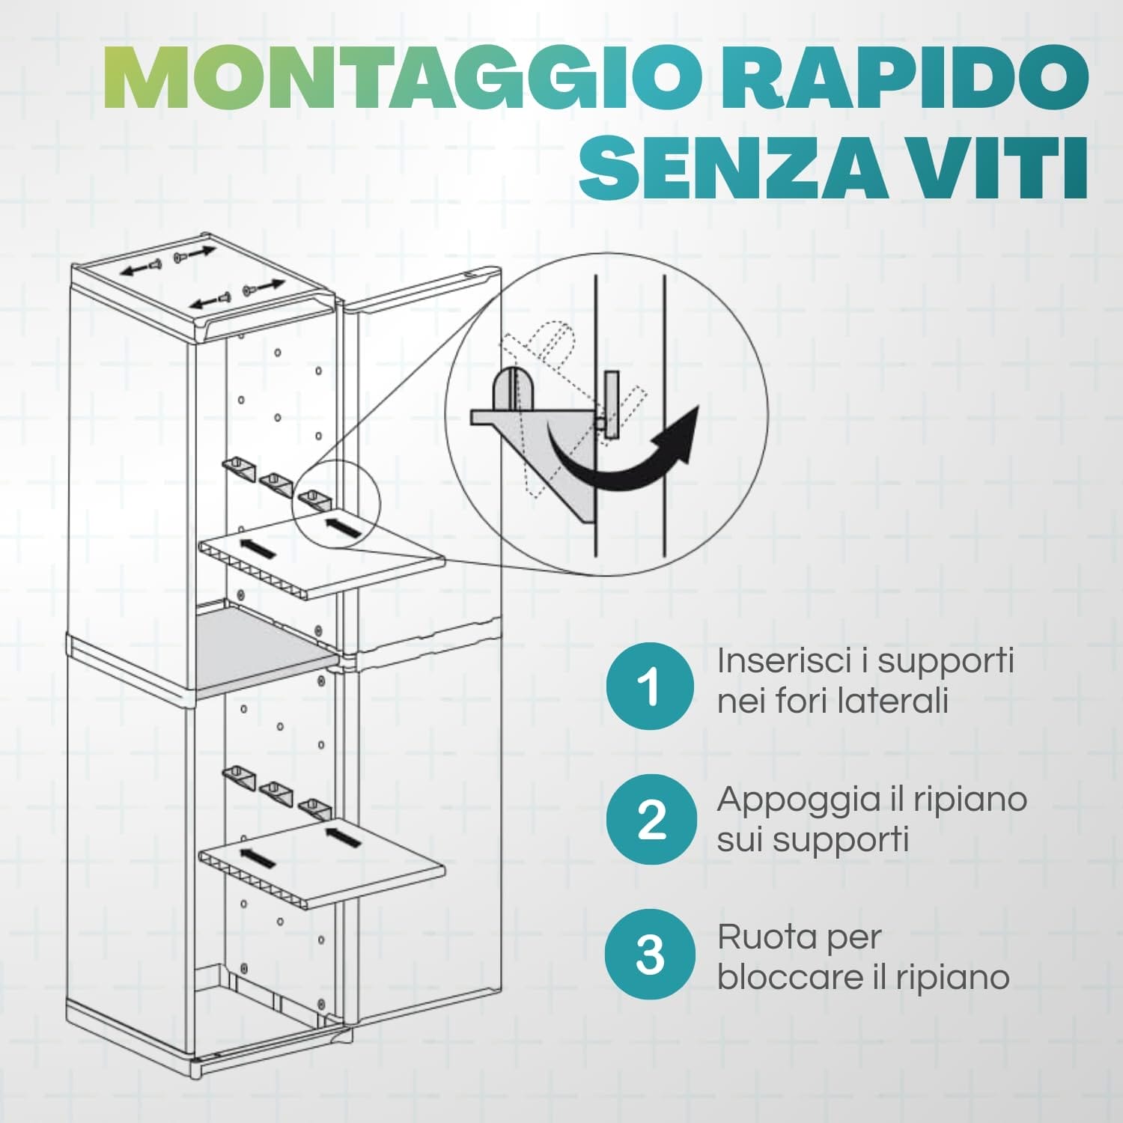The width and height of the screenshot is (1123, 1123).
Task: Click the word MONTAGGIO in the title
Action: (x=408, y=79)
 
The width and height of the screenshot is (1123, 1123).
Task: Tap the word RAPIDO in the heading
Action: (x=904, y=79)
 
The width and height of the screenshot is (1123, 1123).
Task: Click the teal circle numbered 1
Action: (x=649, y=686)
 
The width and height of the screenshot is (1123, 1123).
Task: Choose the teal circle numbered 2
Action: (x=649, y=820)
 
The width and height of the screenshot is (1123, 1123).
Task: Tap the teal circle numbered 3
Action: (x=649, y=955)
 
